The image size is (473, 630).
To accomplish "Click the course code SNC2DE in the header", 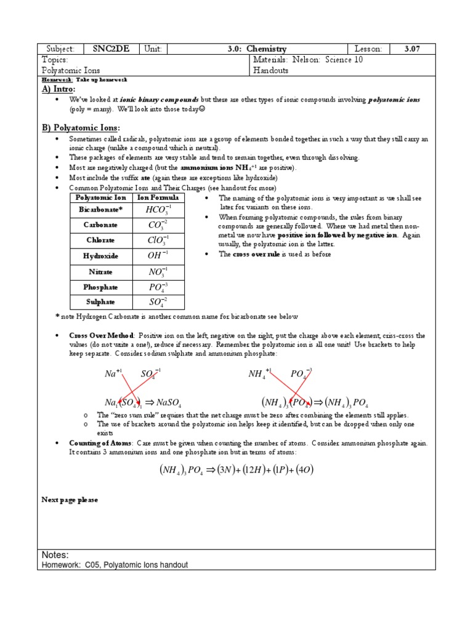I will coord(111,49).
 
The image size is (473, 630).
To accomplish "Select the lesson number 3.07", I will coord(411,49).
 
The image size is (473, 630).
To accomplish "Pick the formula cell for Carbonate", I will coord(158,225).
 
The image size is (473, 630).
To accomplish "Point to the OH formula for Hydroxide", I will coord(158,255).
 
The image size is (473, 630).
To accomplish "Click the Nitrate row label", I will coord(100,271).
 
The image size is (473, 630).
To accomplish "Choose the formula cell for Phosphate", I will coord(158,287).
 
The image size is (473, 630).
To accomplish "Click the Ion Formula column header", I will coord(158,197).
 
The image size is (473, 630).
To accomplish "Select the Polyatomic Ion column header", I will coord(100,197).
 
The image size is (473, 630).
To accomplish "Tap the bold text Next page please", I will coord(69,500).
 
